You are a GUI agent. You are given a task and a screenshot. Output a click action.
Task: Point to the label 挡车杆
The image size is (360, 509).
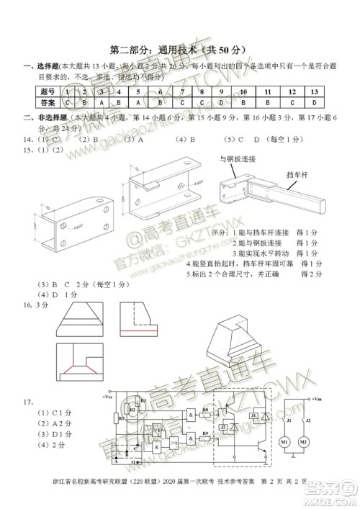[x=297, y=174]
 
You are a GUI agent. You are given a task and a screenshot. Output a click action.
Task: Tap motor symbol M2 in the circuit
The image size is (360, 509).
[x=303, y=441]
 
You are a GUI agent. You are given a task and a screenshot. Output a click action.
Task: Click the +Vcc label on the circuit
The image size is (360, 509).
[x=107, y=397]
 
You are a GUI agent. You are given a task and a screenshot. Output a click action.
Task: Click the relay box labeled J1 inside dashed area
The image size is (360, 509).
[x=253, y=415]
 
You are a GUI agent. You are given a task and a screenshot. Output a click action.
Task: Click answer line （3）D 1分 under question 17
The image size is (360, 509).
[x=45, y=434]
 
